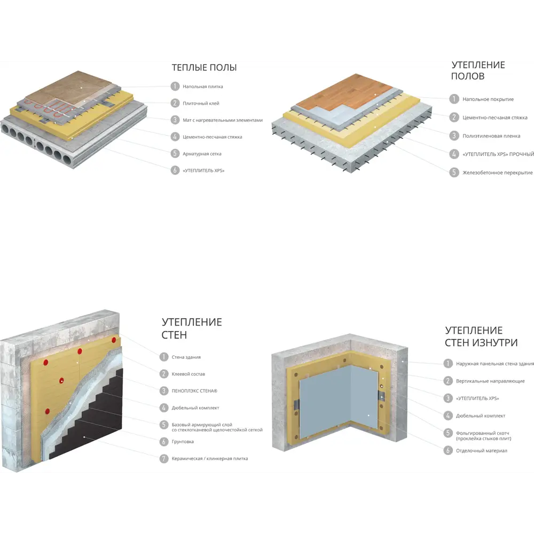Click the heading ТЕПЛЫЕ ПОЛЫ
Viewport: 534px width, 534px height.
pyautogui.click(x=204, y=67)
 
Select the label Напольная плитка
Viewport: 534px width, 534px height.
pyautogui.click(x=202, y=87)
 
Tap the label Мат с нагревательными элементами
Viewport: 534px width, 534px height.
pyautogui.click(x=222, y=120)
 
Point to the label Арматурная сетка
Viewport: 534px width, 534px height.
pyautogui.click(x=202, y=154)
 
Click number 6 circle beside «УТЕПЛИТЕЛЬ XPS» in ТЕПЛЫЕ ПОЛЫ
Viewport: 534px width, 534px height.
pyautogui.click(x=175, y=170)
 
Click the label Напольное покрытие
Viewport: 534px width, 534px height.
pyautogui.click(x=488, y=99)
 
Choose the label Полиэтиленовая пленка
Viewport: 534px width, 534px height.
pyautogui.click(x=491, y=136)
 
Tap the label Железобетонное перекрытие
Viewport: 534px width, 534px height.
pyautogui.click(x=498, y=172)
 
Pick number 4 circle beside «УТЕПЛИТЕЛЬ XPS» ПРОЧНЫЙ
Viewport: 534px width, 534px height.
pyautogui.click(x=454, y=154)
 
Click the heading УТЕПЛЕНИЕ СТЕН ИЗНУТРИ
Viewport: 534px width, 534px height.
pyautogui.click(x=481, y=336)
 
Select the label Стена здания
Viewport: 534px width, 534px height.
pyautogui.click(x=186, y=357)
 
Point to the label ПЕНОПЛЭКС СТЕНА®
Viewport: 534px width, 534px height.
pyautogui.click(x=194, y=391)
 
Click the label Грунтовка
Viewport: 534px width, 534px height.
pyautogui.click(x=183, y=442)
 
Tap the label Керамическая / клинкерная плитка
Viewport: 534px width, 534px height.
pyautogui.click(x=210, y=458)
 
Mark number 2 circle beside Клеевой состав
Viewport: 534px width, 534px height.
pyautogui.click(x=164, y=374)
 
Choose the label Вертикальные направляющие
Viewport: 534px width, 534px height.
pyautogui.click(x=490, y=381)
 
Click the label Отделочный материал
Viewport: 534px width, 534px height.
pyautogui.click(x=482, y=451)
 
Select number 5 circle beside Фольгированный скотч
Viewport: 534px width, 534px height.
pyautogui.click(x=448, y=433)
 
